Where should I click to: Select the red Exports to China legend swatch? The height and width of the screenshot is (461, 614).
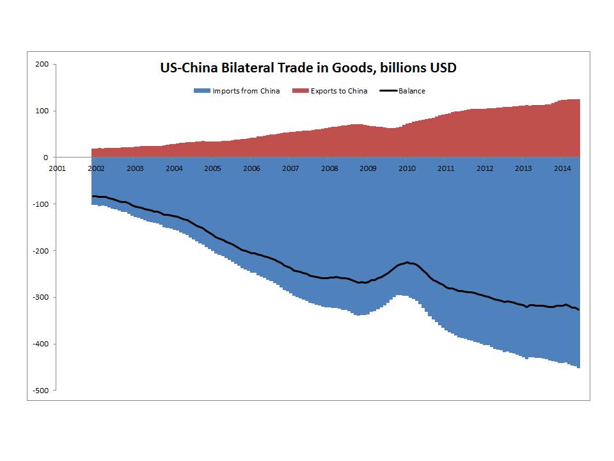(x=301, y=91)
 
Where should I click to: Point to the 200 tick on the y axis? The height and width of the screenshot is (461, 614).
(x=42, y=64)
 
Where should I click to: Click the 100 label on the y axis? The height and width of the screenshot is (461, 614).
(x=42, y=111)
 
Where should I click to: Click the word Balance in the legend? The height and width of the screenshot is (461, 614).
(x=412, y=91)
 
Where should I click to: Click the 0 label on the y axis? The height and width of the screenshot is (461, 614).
(x=45, y=158)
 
